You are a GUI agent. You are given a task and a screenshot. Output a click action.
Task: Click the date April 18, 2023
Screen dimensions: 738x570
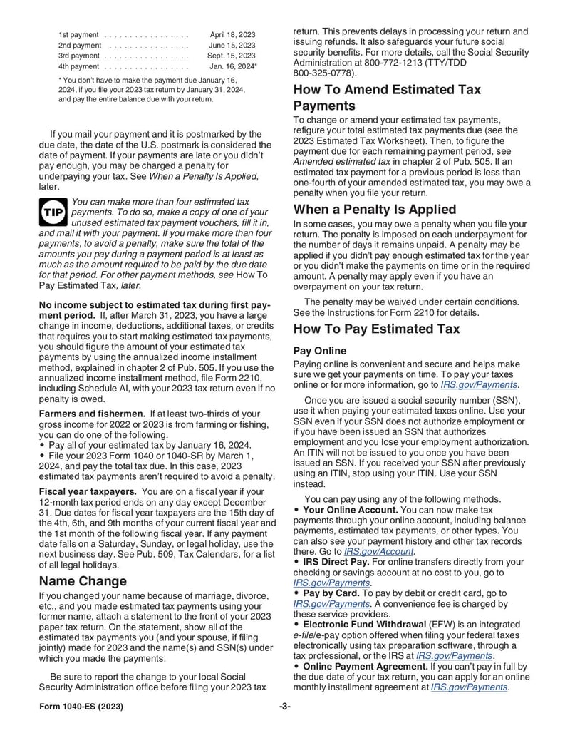pos(232,34)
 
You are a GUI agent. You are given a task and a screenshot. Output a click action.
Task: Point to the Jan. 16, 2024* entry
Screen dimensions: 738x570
pos(233,66)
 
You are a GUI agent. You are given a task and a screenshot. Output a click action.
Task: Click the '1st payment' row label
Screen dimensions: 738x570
pos(78,34)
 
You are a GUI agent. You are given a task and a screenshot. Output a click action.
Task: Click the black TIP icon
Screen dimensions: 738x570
pos(53,212)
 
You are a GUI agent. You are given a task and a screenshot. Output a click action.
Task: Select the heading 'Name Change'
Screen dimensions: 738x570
pos(83,580)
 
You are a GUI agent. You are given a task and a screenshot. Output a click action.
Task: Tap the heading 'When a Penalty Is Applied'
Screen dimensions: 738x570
pos(375,210)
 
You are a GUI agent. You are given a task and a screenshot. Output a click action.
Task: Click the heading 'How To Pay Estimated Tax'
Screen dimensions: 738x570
pos(376,329)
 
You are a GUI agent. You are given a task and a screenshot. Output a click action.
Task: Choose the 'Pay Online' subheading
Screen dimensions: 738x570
pos(320,351)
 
